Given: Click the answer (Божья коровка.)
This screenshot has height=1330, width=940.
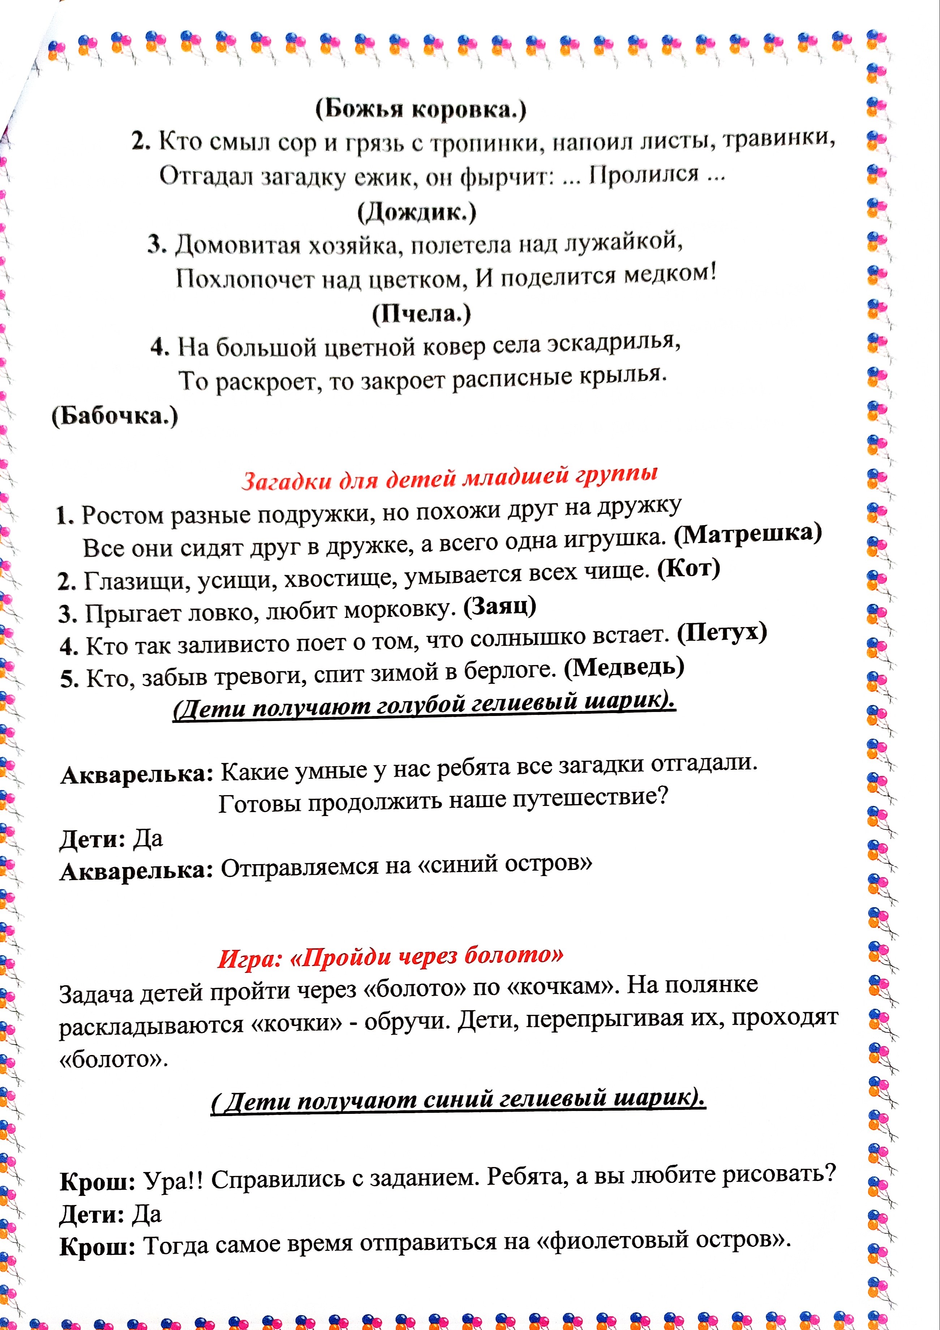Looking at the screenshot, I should (x=420, y=108).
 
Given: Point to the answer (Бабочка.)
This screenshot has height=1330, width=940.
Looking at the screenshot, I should (x=115, y=416).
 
